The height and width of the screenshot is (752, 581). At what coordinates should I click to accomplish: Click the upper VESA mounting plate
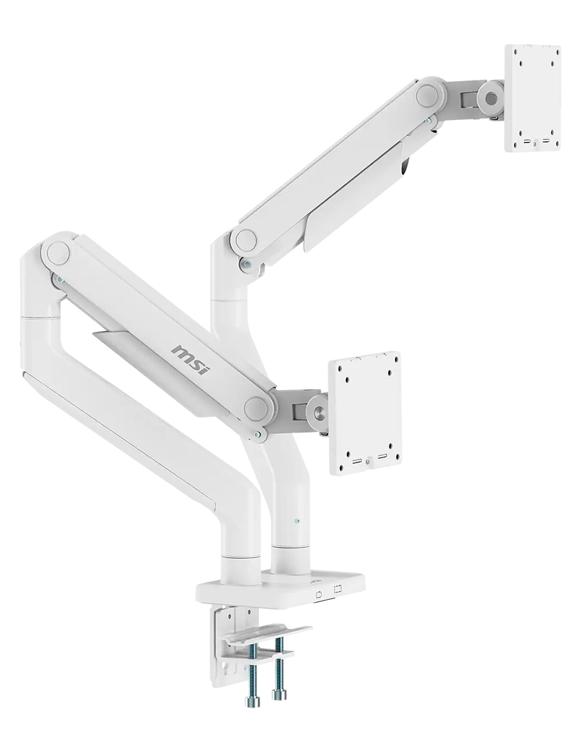[532, 98]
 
